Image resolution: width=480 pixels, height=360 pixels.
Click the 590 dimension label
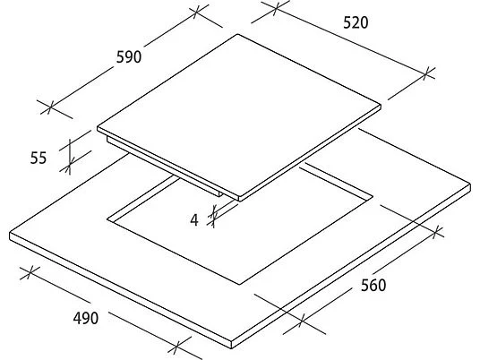pyautogui.click(x=129, y=57)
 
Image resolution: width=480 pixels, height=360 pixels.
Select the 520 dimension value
pyautogui.click(x=356, y=22)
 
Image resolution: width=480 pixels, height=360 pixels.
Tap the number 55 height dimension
pyautogui.click(x=39, y=158)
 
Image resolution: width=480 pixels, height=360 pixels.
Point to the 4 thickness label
pyautogui.click(x=194, y=220)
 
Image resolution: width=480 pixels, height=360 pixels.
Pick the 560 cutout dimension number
pyautogui.click(x=373, y=286)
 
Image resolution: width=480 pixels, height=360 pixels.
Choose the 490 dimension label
pyautogui.click(x=86, y=318)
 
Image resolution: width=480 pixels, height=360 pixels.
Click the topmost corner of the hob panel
pyautogui.click(x=237, y=34)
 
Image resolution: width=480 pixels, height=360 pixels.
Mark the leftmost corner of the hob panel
pyautogui.click(x=98, y=128)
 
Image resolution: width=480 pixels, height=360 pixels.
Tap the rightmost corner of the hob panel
pyautogui.click(x=381, y=106)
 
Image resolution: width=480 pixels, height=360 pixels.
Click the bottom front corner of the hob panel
pyautogui.click(x=239, y=201)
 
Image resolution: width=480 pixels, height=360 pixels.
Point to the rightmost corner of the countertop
pyautogui.click(x=470, y=184)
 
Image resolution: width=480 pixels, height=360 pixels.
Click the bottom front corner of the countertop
pyautogui.click(x=231, y=348)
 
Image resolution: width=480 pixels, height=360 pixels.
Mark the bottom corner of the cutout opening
pyautogui.click(x=239, y=285)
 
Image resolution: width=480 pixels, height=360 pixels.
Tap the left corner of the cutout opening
pyautogui.click(x=107, y=219)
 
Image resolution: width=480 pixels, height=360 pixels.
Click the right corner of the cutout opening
pyautogui.click(x=373, y=196)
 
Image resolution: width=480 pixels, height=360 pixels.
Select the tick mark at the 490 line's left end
pyautogui.click(x=30, y=272)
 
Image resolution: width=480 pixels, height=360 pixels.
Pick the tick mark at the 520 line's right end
pyautogui.click(x=425, y=73)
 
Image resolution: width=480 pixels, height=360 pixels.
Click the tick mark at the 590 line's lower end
pyautogui.click(x=50, y=107)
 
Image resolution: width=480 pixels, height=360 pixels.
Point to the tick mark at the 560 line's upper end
pyautogui.click(x=437, y=232)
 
